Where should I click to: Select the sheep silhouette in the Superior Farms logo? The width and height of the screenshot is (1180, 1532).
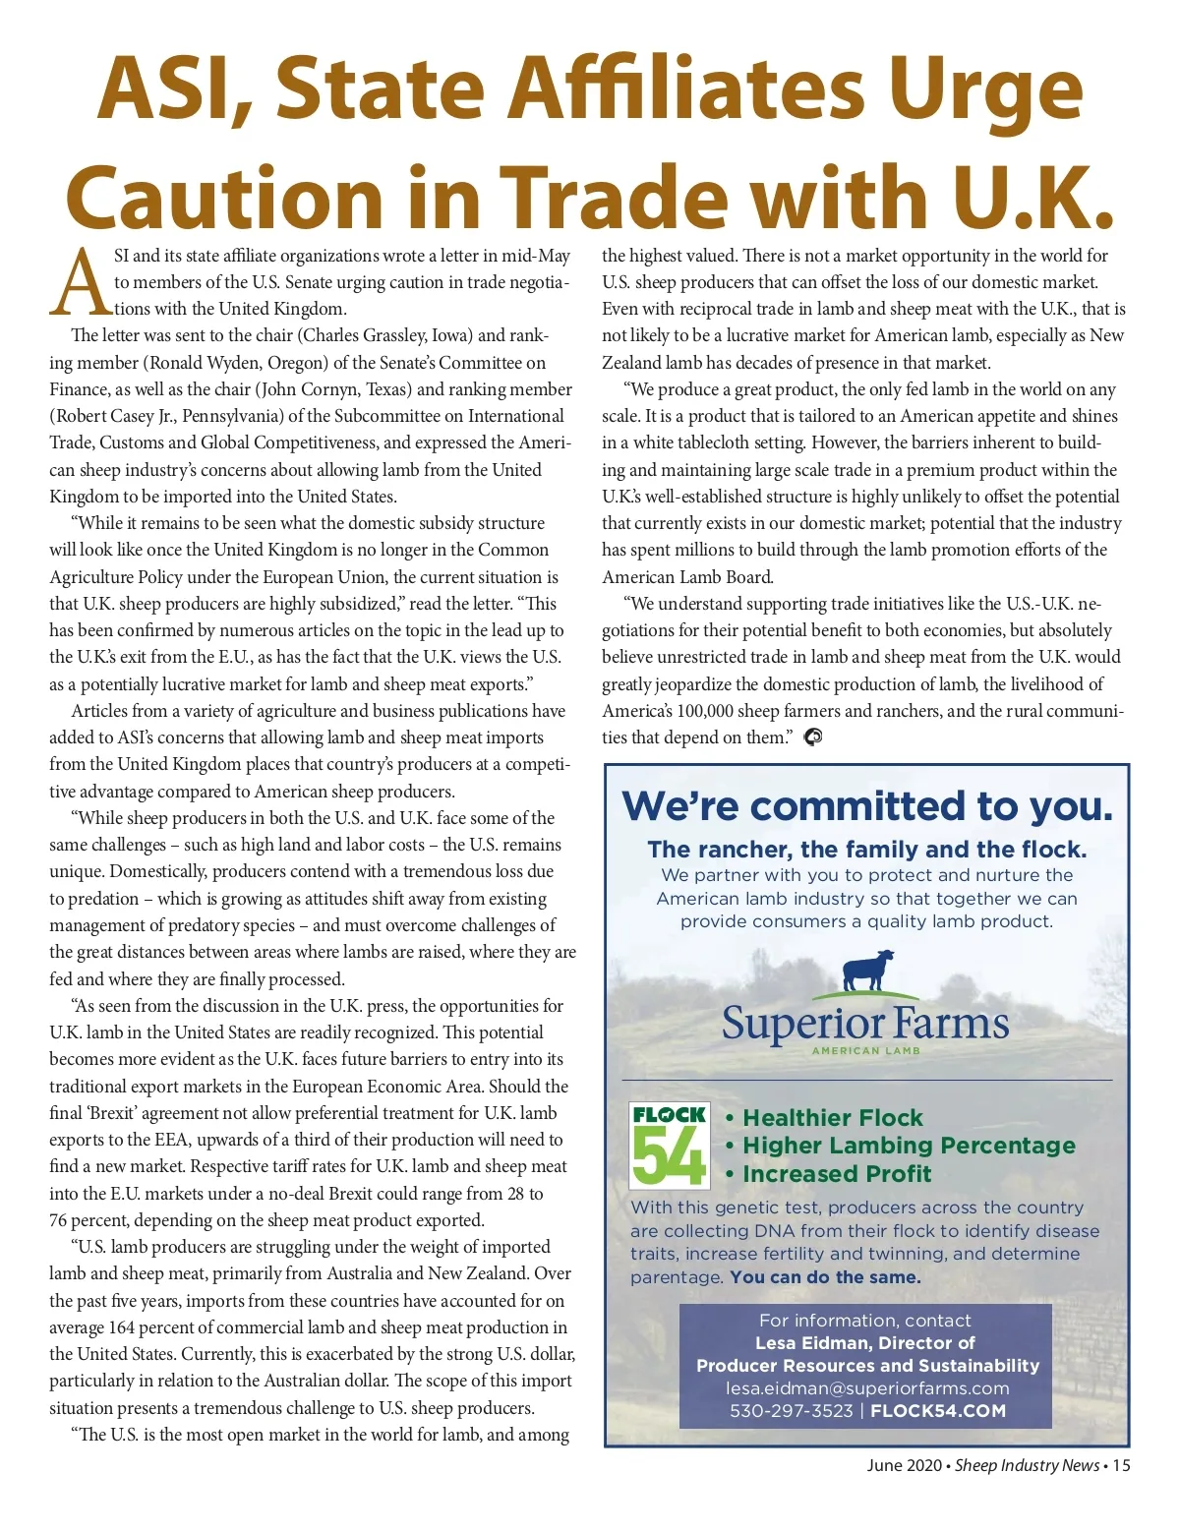tap(868, 971)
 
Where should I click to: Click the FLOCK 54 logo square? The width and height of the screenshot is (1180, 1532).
tap(669, 1145)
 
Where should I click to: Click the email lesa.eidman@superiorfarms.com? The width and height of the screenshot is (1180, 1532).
tap(867, 1388)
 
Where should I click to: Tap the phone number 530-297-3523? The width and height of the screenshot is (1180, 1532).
tap(791, 1411)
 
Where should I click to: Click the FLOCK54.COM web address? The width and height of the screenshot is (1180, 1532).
tap(938, 1411)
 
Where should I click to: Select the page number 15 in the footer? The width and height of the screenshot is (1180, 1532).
tap(1121, 1465)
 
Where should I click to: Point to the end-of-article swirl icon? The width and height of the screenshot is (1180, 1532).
tap(813, 737)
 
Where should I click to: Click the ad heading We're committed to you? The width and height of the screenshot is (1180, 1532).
tap(867, 806)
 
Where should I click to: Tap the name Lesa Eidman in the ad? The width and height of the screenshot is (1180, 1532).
tap(811, 1343)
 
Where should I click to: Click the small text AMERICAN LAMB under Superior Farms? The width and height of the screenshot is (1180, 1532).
tap(866, 1051)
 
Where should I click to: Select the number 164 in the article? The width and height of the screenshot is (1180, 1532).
tap(121, 1327)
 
